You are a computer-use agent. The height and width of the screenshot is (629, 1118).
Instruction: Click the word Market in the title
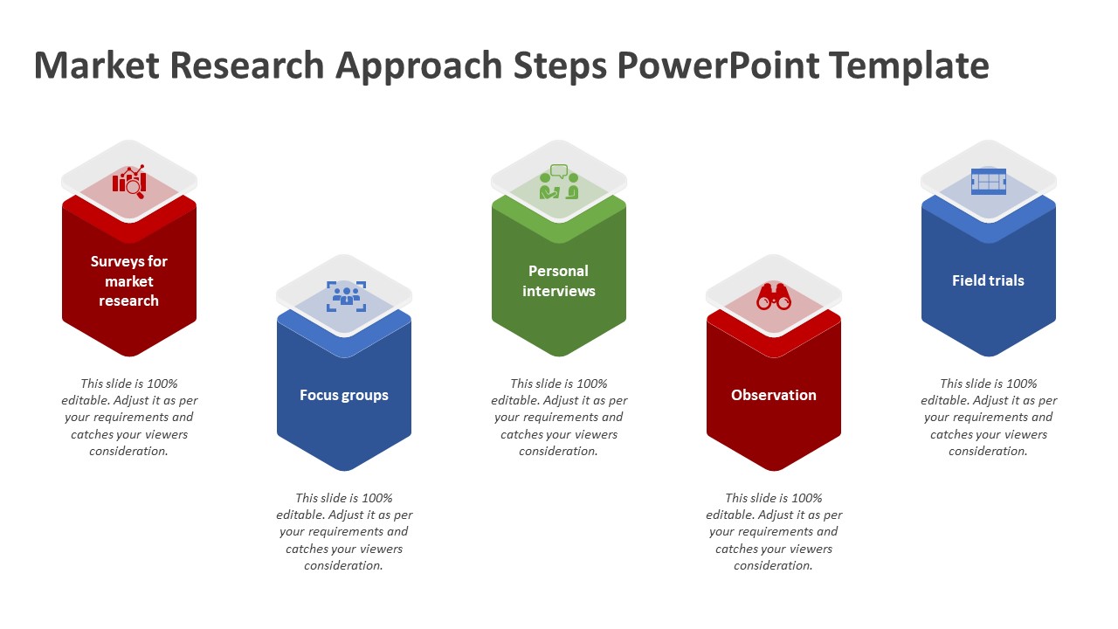(96, 65)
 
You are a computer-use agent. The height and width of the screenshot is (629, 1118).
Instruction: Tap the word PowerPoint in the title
(718, 66)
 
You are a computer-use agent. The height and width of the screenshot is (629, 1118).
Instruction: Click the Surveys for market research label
(128, 281)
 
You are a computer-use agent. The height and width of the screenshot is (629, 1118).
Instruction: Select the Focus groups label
(344, 396)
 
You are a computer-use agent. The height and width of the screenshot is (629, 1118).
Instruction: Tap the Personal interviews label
(558, 281)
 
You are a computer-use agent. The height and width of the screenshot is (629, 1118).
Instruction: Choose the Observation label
(774, 395)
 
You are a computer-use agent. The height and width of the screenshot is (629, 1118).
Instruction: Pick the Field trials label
(988, 280)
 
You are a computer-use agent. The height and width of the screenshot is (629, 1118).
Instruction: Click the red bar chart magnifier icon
(129, 181)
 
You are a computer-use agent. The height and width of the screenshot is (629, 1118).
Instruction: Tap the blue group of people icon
(347, 296)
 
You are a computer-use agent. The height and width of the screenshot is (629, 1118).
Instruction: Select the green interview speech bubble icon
(559, 182)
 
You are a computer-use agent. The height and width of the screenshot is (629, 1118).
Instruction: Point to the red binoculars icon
(774, 297)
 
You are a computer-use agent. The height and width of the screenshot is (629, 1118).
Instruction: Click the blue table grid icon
(988, 181)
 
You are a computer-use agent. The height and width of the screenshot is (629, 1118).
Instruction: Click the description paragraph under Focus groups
(344, 532)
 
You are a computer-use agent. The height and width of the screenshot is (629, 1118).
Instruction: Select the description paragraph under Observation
(774, 532)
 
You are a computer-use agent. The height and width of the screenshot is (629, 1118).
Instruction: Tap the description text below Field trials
(988, 418)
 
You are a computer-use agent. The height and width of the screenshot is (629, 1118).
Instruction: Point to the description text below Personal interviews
(558, 418)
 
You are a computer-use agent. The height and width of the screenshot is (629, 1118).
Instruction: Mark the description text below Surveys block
(128, 418)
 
